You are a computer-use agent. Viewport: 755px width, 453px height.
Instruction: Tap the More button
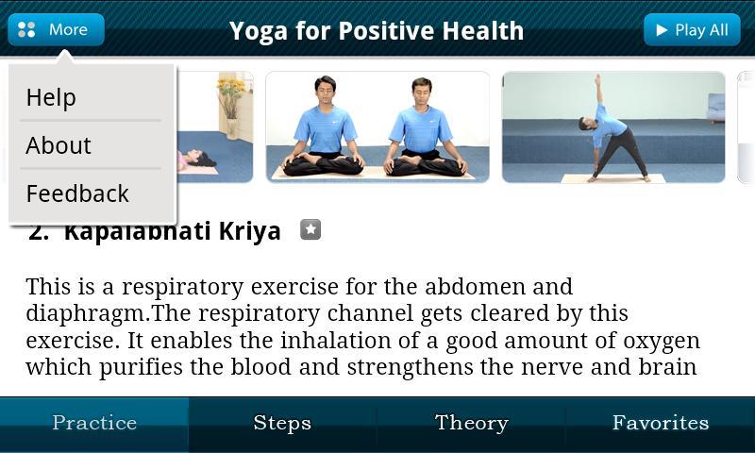56,30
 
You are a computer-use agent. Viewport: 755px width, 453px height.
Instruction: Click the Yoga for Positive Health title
376,30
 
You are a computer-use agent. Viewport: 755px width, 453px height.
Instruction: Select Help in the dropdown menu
51,97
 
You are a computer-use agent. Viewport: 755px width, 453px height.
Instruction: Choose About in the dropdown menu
59,145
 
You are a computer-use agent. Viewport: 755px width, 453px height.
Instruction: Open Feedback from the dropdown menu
77,193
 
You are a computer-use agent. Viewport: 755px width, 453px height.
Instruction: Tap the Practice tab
94,424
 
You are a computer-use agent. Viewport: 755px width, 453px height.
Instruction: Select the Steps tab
282,424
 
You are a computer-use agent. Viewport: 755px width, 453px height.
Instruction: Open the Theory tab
471,424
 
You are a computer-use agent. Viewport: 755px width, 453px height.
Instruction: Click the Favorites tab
660,424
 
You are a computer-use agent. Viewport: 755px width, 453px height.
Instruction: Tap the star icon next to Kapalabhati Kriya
310,229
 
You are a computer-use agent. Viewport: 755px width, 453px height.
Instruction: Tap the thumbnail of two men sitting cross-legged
377,126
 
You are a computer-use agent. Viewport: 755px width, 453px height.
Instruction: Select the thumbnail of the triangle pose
612,126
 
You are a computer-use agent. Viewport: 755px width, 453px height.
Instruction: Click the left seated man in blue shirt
325,127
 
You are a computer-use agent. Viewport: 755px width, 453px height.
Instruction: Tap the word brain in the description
665,366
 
